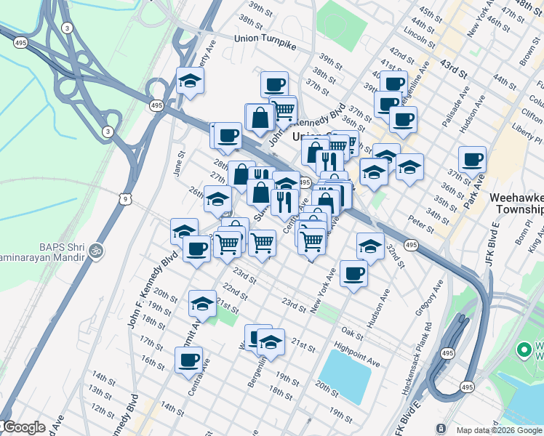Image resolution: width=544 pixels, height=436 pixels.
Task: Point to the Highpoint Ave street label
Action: pyautogui.click(x=357, y=352)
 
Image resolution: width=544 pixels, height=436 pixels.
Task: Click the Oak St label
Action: pyautogui.click(x=352, y=333)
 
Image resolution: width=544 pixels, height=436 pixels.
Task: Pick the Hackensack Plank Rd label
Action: pyautogui.click(x=418, y=357)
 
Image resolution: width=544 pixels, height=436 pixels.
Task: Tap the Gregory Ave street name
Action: pyautogui.click(x=429, y=298)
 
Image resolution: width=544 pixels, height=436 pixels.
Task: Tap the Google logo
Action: pyautogui.click(x=24, y=427)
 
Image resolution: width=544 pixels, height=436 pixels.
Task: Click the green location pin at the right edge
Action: pyautogui.click(x=523, y=350)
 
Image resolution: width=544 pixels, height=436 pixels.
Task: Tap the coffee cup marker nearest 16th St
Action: pyautogui.click(x=188, y=359)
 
